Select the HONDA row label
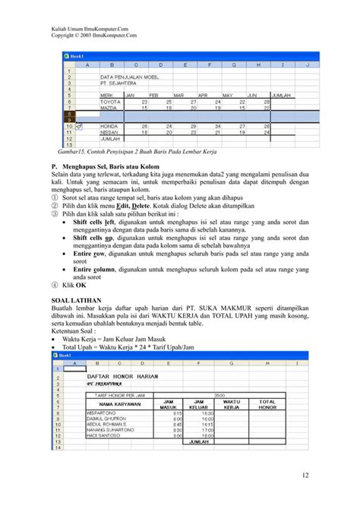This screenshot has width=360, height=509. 111,125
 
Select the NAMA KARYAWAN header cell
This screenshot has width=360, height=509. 117,405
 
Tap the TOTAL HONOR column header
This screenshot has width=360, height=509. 267,405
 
